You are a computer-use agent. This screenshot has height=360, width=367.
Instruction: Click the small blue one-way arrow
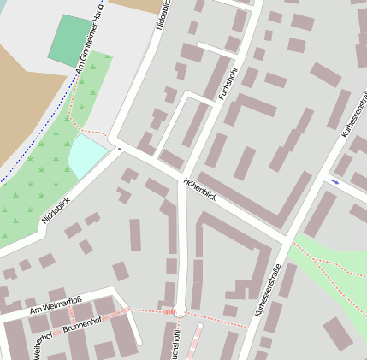coord(334,181)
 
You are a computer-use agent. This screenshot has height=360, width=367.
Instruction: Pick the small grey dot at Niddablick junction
coord(120,149)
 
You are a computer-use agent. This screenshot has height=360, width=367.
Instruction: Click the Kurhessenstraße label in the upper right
coord(353,113)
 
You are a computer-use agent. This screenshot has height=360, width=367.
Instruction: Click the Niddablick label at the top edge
coord(163,15)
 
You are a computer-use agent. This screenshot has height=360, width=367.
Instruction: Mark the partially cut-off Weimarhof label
coord(38,346)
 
